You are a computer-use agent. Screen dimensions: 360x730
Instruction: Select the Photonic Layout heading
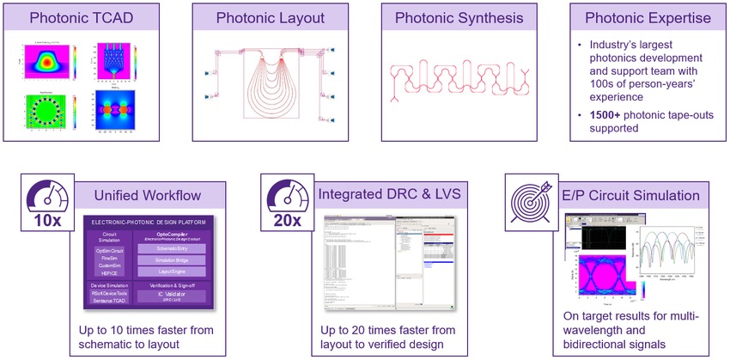270,18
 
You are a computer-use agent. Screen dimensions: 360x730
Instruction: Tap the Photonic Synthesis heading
458,18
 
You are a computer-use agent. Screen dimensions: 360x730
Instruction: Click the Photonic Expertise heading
646,18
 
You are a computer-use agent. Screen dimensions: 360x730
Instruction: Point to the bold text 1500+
601,114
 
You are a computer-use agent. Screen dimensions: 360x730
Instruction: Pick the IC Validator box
181,295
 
